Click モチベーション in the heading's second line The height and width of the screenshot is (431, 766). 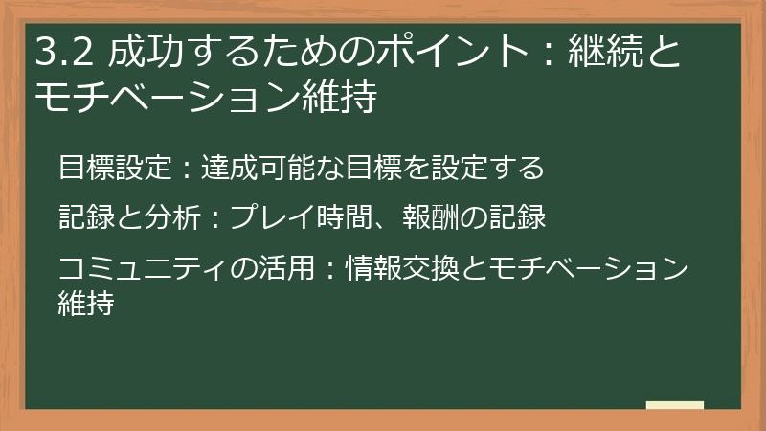click(x=167, y=97)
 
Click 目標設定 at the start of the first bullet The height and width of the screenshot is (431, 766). click(x=113, y=169)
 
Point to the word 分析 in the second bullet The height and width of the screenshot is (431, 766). click(x=169, y=218)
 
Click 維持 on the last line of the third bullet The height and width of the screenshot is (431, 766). click(x=85, y=304)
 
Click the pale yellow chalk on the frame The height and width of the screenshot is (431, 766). click(x=674, y=405)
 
